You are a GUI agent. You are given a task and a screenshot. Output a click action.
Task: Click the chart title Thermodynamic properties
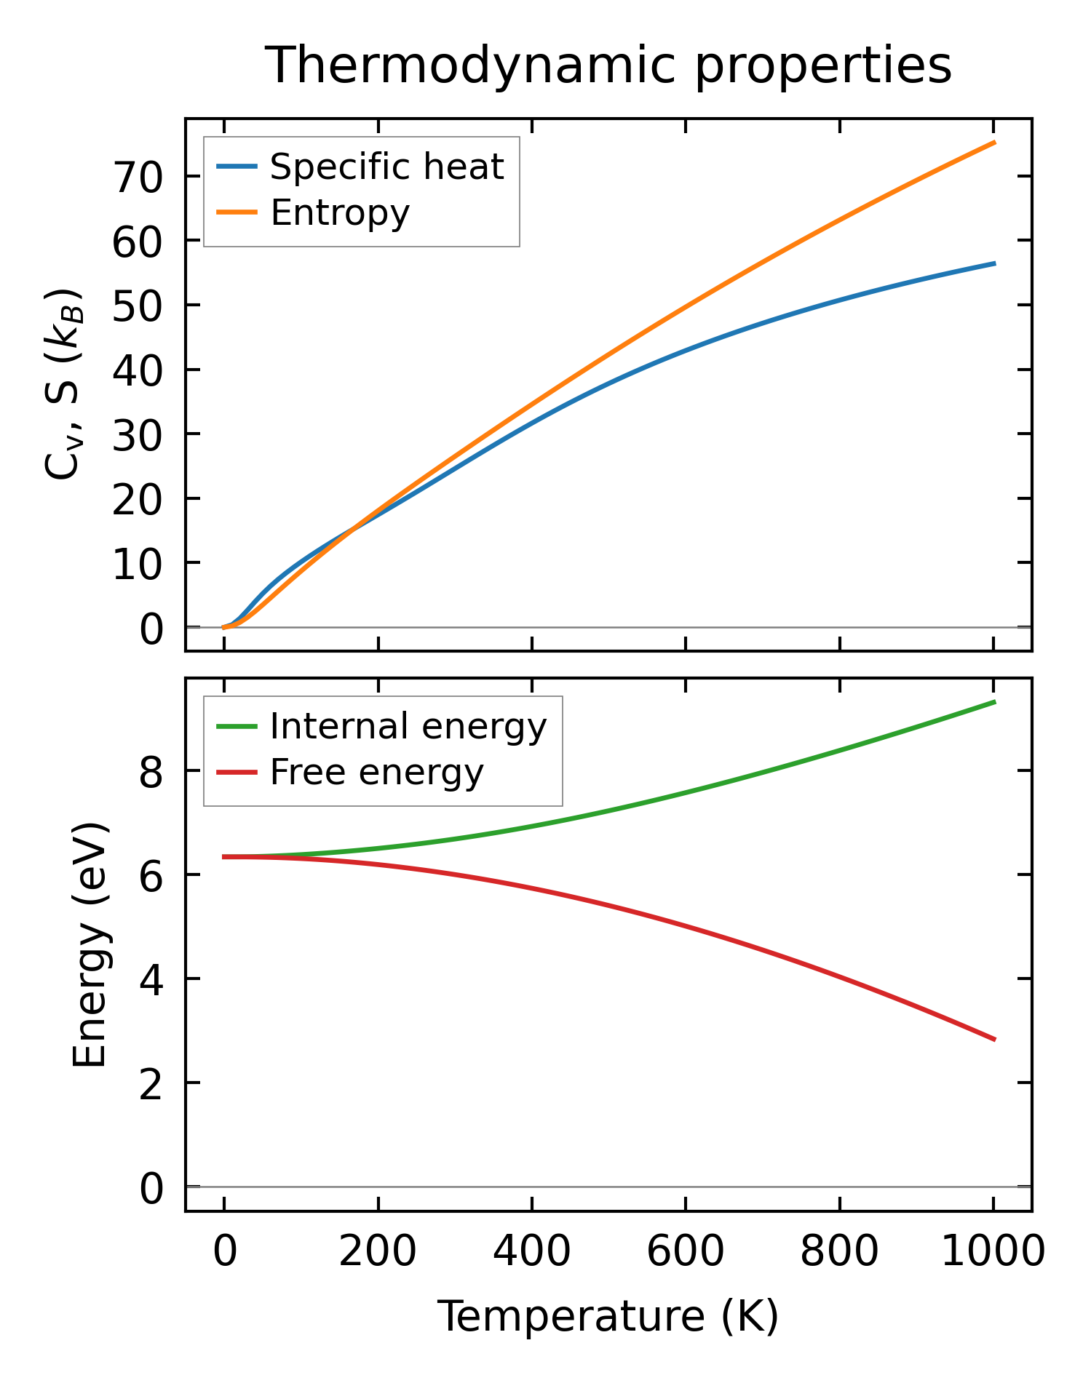[x=608, y=65]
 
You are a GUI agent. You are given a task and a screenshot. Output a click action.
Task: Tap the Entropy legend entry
[x=339, y=212]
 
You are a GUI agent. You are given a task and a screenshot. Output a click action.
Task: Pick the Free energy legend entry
[x=376, y=772]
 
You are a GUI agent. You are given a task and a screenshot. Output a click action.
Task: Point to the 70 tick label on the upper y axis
[x=136, y=177]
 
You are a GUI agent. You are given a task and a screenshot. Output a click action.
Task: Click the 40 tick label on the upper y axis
[x=136, y=370]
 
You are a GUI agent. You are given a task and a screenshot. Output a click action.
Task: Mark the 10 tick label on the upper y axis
[x=136, y=564]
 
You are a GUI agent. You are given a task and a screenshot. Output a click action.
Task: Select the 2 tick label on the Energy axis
[x=151, y=1083]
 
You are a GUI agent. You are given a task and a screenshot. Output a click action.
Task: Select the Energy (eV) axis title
[x=90, y=944]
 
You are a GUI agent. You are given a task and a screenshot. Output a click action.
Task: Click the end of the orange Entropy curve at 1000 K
[x=994, y=143]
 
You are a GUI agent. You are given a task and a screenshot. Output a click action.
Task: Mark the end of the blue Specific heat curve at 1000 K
[x=994, y=263]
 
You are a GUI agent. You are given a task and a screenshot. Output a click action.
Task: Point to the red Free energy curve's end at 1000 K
[x=994, y=1039]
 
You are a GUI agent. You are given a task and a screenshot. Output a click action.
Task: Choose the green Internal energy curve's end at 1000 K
[x=994, y=701]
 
